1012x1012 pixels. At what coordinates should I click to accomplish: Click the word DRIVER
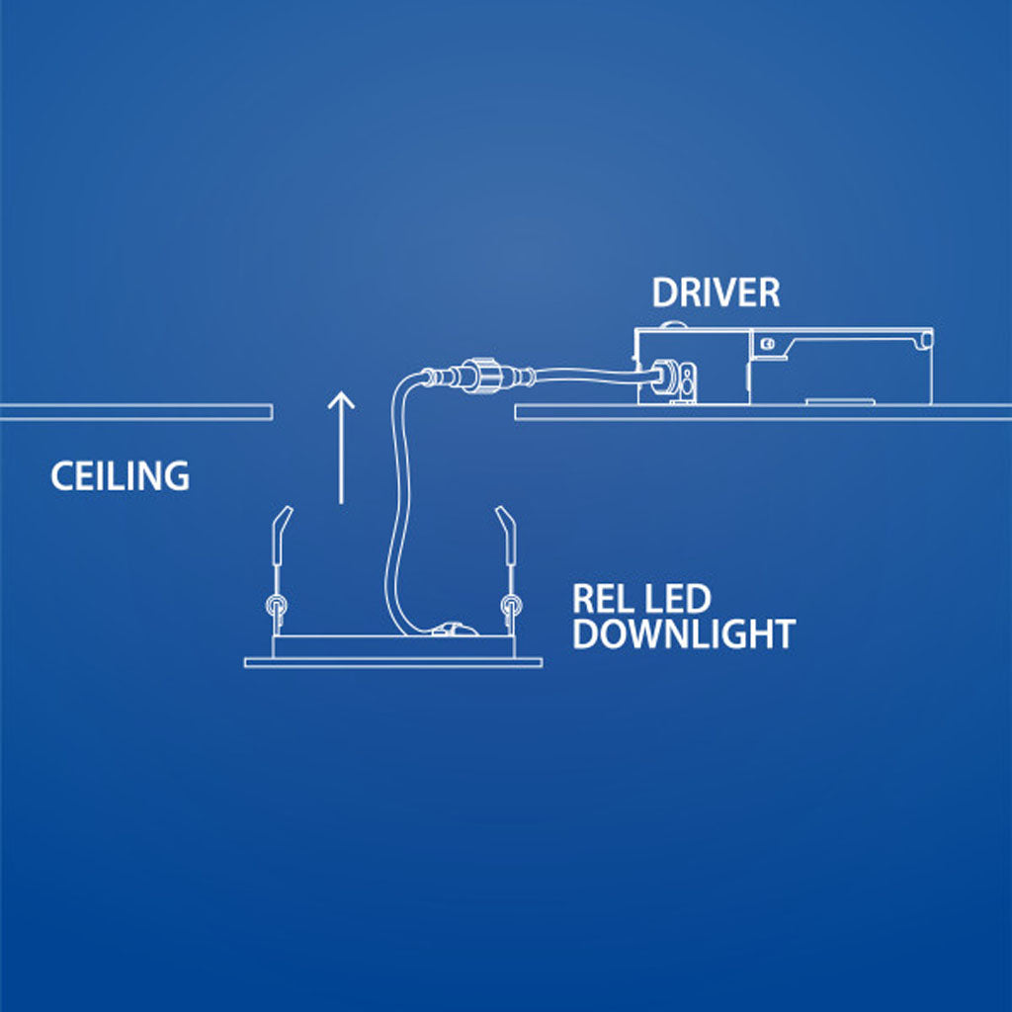click(716, 293)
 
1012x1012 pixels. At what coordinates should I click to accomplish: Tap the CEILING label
click(120, 476)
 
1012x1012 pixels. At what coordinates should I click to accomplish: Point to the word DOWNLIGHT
click(683, 634)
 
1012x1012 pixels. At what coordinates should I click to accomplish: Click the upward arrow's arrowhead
click(341, 398)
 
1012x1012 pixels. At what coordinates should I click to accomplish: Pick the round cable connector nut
click(484, 377)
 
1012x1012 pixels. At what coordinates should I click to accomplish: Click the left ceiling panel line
click(136, 412)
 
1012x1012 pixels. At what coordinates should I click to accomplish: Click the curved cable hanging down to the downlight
click(395, 514)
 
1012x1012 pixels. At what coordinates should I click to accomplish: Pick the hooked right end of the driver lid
click(925, 338)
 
